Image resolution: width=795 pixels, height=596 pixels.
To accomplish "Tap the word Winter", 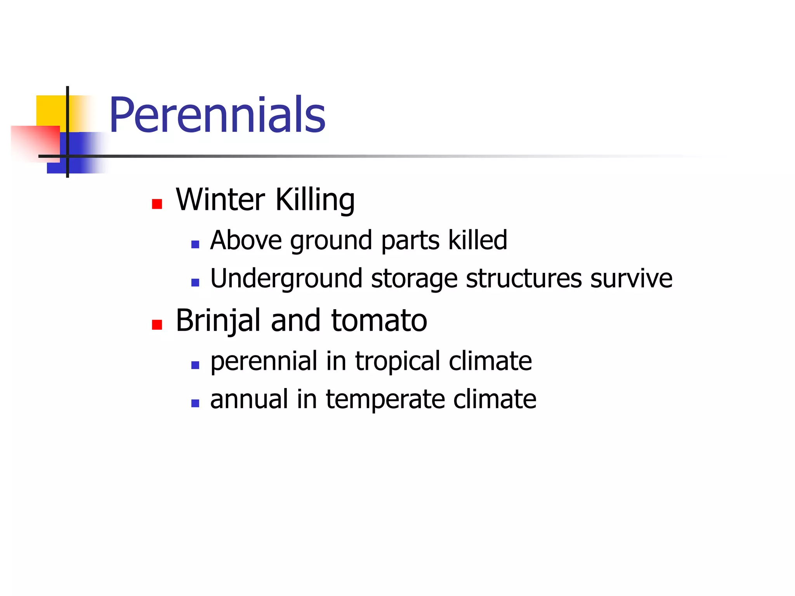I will tap(220, 199).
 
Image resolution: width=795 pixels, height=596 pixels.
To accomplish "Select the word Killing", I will tap(315, 200).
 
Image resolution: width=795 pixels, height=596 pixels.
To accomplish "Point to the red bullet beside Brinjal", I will tap(157, 325).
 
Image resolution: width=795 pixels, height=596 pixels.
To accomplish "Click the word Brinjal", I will tap(218, 321).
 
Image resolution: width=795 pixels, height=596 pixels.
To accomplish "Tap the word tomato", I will tap(379, 321).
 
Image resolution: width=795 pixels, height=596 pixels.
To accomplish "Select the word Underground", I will tap(286, 279).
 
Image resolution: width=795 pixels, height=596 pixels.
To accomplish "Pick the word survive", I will tap(631, 278).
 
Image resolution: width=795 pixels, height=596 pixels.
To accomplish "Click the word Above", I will tap(246, 240).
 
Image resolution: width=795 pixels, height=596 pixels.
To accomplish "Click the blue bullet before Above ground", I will tap(195, 244).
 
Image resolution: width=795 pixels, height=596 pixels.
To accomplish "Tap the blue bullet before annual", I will tap(195, 404).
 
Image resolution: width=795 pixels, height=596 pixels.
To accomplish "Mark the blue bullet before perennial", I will tap(195, 365).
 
